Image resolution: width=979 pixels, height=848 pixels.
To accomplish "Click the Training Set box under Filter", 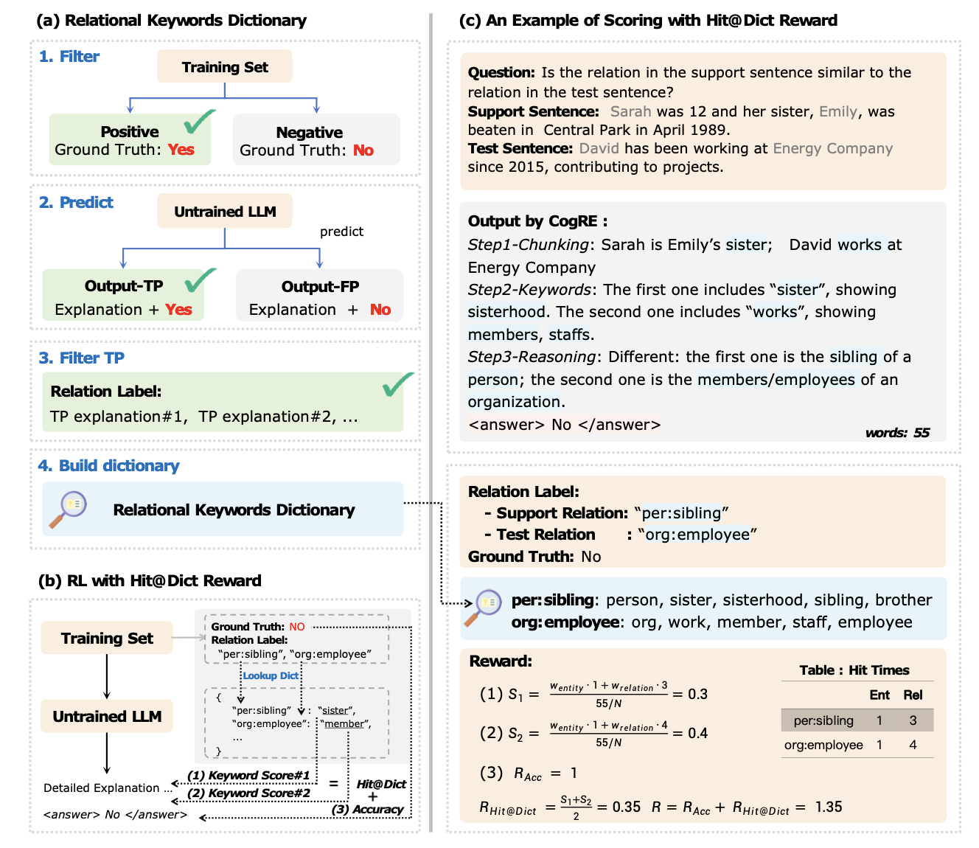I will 224,67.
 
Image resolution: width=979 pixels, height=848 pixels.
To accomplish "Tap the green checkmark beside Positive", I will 199,122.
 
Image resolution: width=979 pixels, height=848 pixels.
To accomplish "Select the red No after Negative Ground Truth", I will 363,150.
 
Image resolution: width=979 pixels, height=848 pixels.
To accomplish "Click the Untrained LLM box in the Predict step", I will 224,212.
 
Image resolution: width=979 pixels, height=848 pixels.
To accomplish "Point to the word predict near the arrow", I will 341,232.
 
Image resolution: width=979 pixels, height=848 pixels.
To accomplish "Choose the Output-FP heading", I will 320,287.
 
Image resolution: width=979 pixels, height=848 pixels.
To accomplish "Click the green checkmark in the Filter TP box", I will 397,383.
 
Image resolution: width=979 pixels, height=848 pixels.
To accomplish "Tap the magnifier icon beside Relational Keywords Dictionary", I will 69,509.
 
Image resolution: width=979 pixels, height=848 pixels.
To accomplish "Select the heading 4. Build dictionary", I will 108,466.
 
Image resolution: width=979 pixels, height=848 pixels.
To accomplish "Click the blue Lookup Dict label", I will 271,675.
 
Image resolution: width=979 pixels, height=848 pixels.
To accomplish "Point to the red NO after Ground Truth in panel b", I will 297,627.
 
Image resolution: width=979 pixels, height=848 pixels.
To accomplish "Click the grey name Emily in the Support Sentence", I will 838,111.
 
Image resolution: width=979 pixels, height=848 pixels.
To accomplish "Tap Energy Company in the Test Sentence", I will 832,148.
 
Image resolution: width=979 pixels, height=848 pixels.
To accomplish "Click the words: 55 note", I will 897,433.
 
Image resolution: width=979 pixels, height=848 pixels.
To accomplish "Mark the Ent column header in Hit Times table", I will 879,695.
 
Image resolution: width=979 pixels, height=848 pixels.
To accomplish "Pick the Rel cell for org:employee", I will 913,745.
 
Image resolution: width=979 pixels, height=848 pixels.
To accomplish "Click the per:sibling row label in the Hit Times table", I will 823,720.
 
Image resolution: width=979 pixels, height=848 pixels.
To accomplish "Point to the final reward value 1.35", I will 829,807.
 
